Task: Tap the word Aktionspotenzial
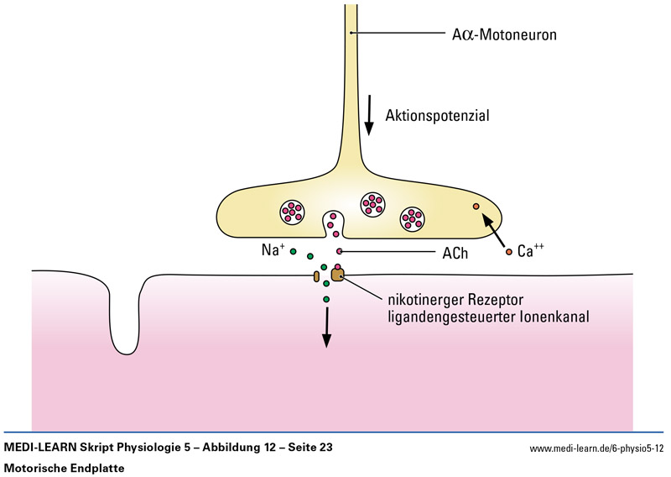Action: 437,115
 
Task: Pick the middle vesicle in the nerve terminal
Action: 372,202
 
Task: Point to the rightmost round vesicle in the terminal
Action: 414,218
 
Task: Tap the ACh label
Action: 455,252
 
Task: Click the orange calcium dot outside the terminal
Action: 508,251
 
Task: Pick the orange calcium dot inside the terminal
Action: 476,206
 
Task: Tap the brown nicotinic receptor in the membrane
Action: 337,275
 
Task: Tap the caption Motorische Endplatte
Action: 65,467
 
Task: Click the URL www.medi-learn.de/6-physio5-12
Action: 596,448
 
